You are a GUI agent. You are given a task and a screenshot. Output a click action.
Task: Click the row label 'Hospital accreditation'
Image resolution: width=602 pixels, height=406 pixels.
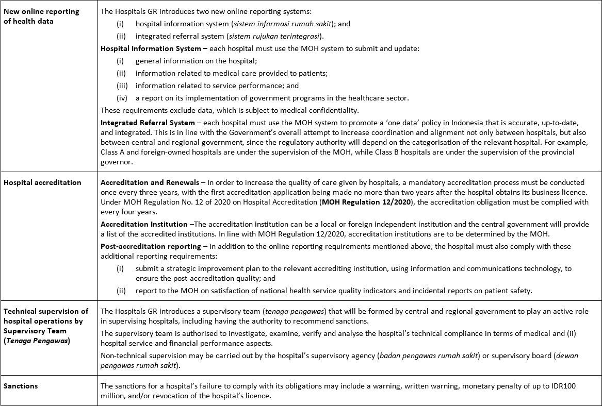tap(42, 182)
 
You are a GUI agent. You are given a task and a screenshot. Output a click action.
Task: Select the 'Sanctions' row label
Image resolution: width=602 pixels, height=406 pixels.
tap(21, 386)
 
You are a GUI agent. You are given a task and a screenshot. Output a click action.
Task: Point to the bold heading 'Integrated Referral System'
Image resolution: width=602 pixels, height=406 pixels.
tap(148, 123)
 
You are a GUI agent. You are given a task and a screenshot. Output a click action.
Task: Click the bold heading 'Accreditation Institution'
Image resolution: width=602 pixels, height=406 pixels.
tap(144, 224)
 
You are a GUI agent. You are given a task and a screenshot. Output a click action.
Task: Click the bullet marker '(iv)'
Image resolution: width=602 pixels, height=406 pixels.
tap(122, 98)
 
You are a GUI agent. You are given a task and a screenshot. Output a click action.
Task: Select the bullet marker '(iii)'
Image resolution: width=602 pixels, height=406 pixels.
tap(122, 86)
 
